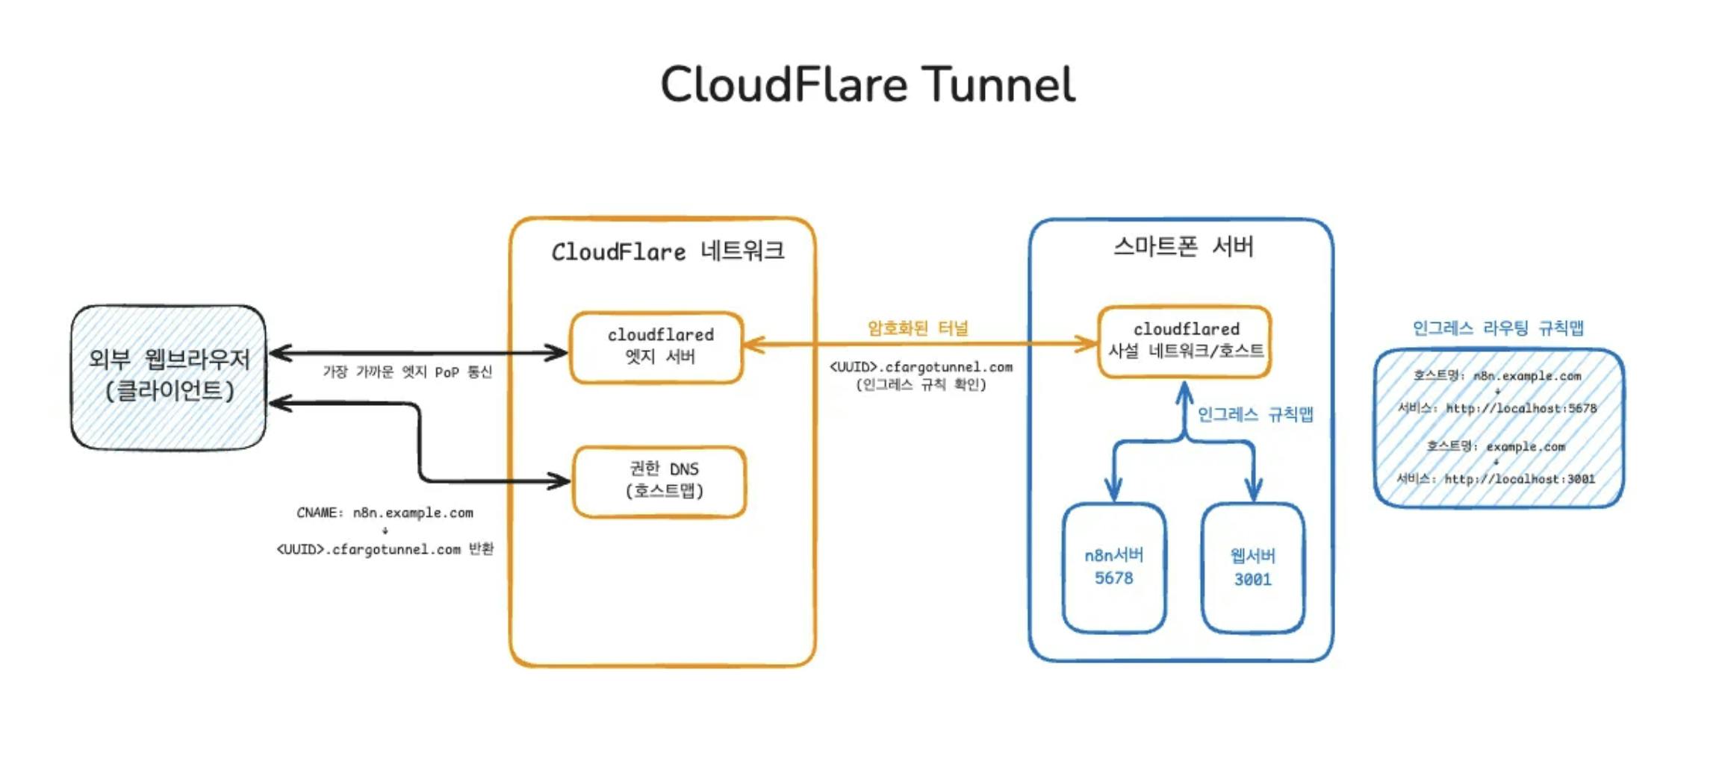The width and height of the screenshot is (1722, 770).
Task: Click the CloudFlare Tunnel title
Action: point(867,84)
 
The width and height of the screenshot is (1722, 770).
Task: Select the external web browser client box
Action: point(169,376)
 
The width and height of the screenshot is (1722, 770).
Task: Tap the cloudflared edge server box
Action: point(657,347)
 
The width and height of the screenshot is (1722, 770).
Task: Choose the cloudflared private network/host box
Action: point(1184,341)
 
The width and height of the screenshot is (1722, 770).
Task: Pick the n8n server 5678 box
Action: point(1113,567)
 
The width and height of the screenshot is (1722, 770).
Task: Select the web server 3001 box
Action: point(1252,567)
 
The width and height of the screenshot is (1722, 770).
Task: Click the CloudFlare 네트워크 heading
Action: point(668,251)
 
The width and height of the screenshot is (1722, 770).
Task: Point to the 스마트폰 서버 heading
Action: point(1183,247)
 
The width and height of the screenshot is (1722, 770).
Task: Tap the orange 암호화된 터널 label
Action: point(918,328)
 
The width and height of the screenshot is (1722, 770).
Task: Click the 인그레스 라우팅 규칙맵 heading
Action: point(1498,328)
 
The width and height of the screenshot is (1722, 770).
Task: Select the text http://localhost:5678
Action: point(1520,408)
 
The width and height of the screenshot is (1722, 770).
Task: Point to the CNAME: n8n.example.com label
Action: point(385,513)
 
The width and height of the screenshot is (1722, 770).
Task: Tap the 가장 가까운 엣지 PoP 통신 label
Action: point(407,372)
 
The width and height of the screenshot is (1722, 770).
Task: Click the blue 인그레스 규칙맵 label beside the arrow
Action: point(1255,414)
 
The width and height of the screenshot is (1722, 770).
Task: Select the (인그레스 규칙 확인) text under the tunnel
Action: point(921,385)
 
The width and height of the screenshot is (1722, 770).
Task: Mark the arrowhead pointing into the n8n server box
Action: point(1113,492)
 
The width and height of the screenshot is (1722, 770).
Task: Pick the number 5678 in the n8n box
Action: point(1113,578)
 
